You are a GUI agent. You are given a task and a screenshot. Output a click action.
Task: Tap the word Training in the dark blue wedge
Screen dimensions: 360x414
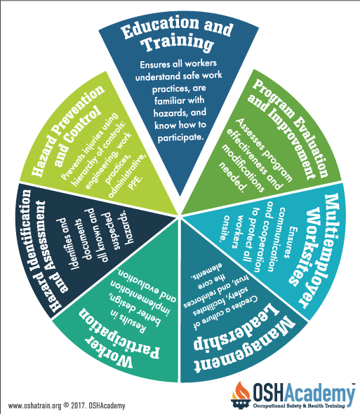tap(178, 43)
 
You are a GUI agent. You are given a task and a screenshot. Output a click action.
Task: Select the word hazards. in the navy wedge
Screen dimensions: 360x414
tap(128, 227)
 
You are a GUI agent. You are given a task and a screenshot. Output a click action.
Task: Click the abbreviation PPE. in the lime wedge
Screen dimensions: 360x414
tap(135, 182)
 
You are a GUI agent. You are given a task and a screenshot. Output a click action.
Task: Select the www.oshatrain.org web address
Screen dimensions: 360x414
tap(35, 406)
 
